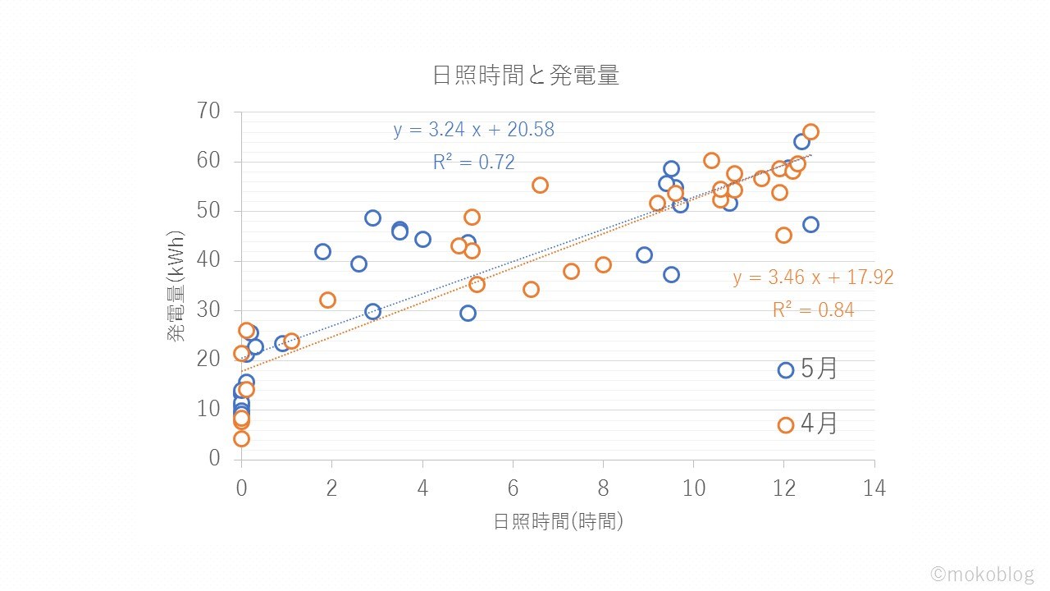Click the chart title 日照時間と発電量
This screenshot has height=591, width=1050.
(525, 76)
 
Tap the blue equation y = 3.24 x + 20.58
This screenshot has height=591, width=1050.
(473, 130)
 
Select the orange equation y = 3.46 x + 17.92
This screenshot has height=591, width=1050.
(813, 277)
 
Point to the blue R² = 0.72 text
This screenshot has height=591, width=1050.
(473, 163)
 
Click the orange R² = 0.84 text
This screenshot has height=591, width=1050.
(813, 310)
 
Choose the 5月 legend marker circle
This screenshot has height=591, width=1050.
(786, 370)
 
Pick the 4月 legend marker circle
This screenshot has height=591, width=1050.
(786, 425)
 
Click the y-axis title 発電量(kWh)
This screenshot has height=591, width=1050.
(176, 286)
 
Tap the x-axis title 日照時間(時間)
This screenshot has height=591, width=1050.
(558, 521)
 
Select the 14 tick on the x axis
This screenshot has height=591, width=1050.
(874, 488)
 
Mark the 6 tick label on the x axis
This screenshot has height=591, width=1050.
(513, 488)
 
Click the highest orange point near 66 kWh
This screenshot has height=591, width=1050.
(810, 132)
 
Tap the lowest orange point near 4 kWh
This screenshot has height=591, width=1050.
(241, 438)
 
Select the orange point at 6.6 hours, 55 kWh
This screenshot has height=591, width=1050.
(540, 186)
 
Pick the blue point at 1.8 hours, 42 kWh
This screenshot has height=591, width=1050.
(322, 251)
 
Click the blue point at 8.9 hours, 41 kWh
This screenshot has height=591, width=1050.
(644, 254)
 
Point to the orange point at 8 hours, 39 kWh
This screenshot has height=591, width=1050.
(603, 264)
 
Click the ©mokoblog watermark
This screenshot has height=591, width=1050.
(982, 574)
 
